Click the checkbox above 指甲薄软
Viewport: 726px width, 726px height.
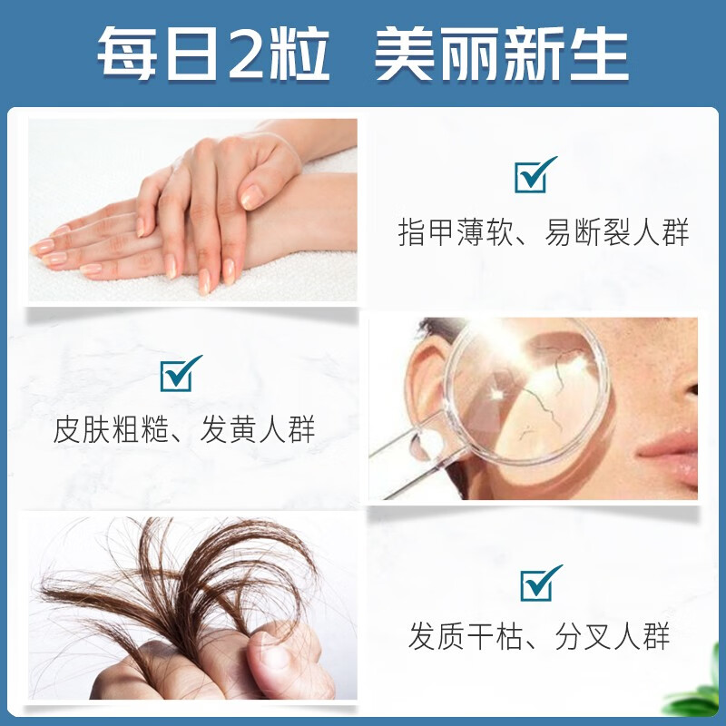(x=534, y=174)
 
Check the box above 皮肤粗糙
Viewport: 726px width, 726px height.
(x=181, y=373)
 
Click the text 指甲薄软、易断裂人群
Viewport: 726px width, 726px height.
(x=543, y=232)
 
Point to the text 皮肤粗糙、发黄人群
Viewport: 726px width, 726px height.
(x=184, y=429)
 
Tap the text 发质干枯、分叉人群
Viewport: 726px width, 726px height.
(x=539, y=636)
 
